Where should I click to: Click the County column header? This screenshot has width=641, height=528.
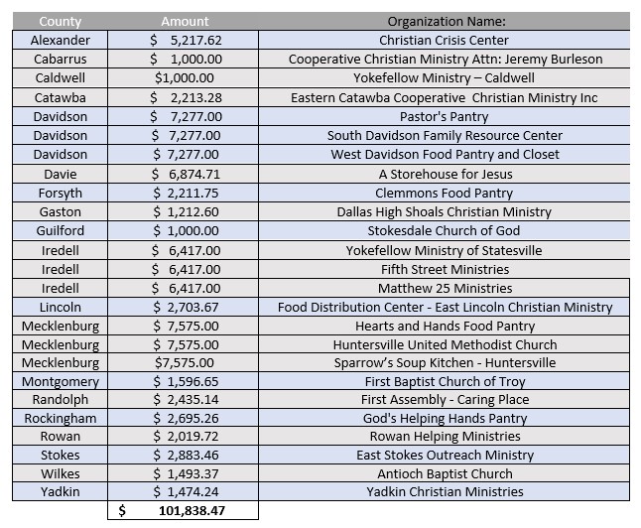[61, 21]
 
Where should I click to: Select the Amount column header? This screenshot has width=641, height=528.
[185, 21]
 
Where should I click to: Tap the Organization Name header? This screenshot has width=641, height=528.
[447, 21]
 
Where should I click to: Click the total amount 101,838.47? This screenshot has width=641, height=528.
[192, 510]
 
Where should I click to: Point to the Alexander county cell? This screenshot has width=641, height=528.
[61, 40]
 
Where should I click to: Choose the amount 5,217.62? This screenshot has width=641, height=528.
[195, 40]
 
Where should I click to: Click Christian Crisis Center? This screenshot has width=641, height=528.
[444, 40]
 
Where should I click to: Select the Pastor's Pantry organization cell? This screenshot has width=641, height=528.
[444, 116]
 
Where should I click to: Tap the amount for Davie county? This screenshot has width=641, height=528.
[194, 175]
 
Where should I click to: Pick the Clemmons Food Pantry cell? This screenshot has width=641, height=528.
[444, 194]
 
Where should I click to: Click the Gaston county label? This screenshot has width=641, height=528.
[61, 211]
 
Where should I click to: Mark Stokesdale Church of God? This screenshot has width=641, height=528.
[444, 230]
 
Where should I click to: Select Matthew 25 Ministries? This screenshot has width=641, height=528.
[445, 289]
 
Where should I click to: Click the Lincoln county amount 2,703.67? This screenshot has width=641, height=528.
[192, 307]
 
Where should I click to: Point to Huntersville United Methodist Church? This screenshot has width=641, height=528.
[445, 344]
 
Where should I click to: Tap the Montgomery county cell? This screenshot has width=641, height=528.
[61, 381]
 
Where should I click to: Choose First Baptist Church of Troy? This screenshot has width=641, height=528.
[445, 381]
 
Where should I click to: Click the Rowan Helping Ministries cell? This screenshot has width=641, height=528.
[445, 437]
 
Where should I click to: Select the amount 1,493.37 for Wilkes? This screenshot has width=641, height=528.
[192, 473]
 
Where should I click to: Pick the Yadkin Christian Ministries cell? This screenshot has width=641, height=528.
[445, 491]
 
